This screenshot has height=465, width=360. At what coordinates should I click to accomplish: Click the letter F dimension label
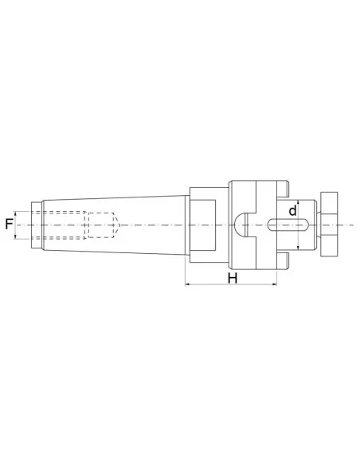9,225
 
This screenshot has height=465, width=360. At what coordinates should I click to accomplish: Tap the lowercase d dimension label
292,211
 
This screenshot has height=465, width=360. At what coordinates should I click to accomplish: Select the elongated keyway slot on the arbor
284,225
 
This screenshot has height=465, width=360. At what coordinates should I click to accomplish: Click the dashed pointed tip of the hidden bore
118,225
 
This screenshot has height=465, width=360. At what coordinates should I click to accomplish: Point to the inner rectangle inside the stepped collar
202,225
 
